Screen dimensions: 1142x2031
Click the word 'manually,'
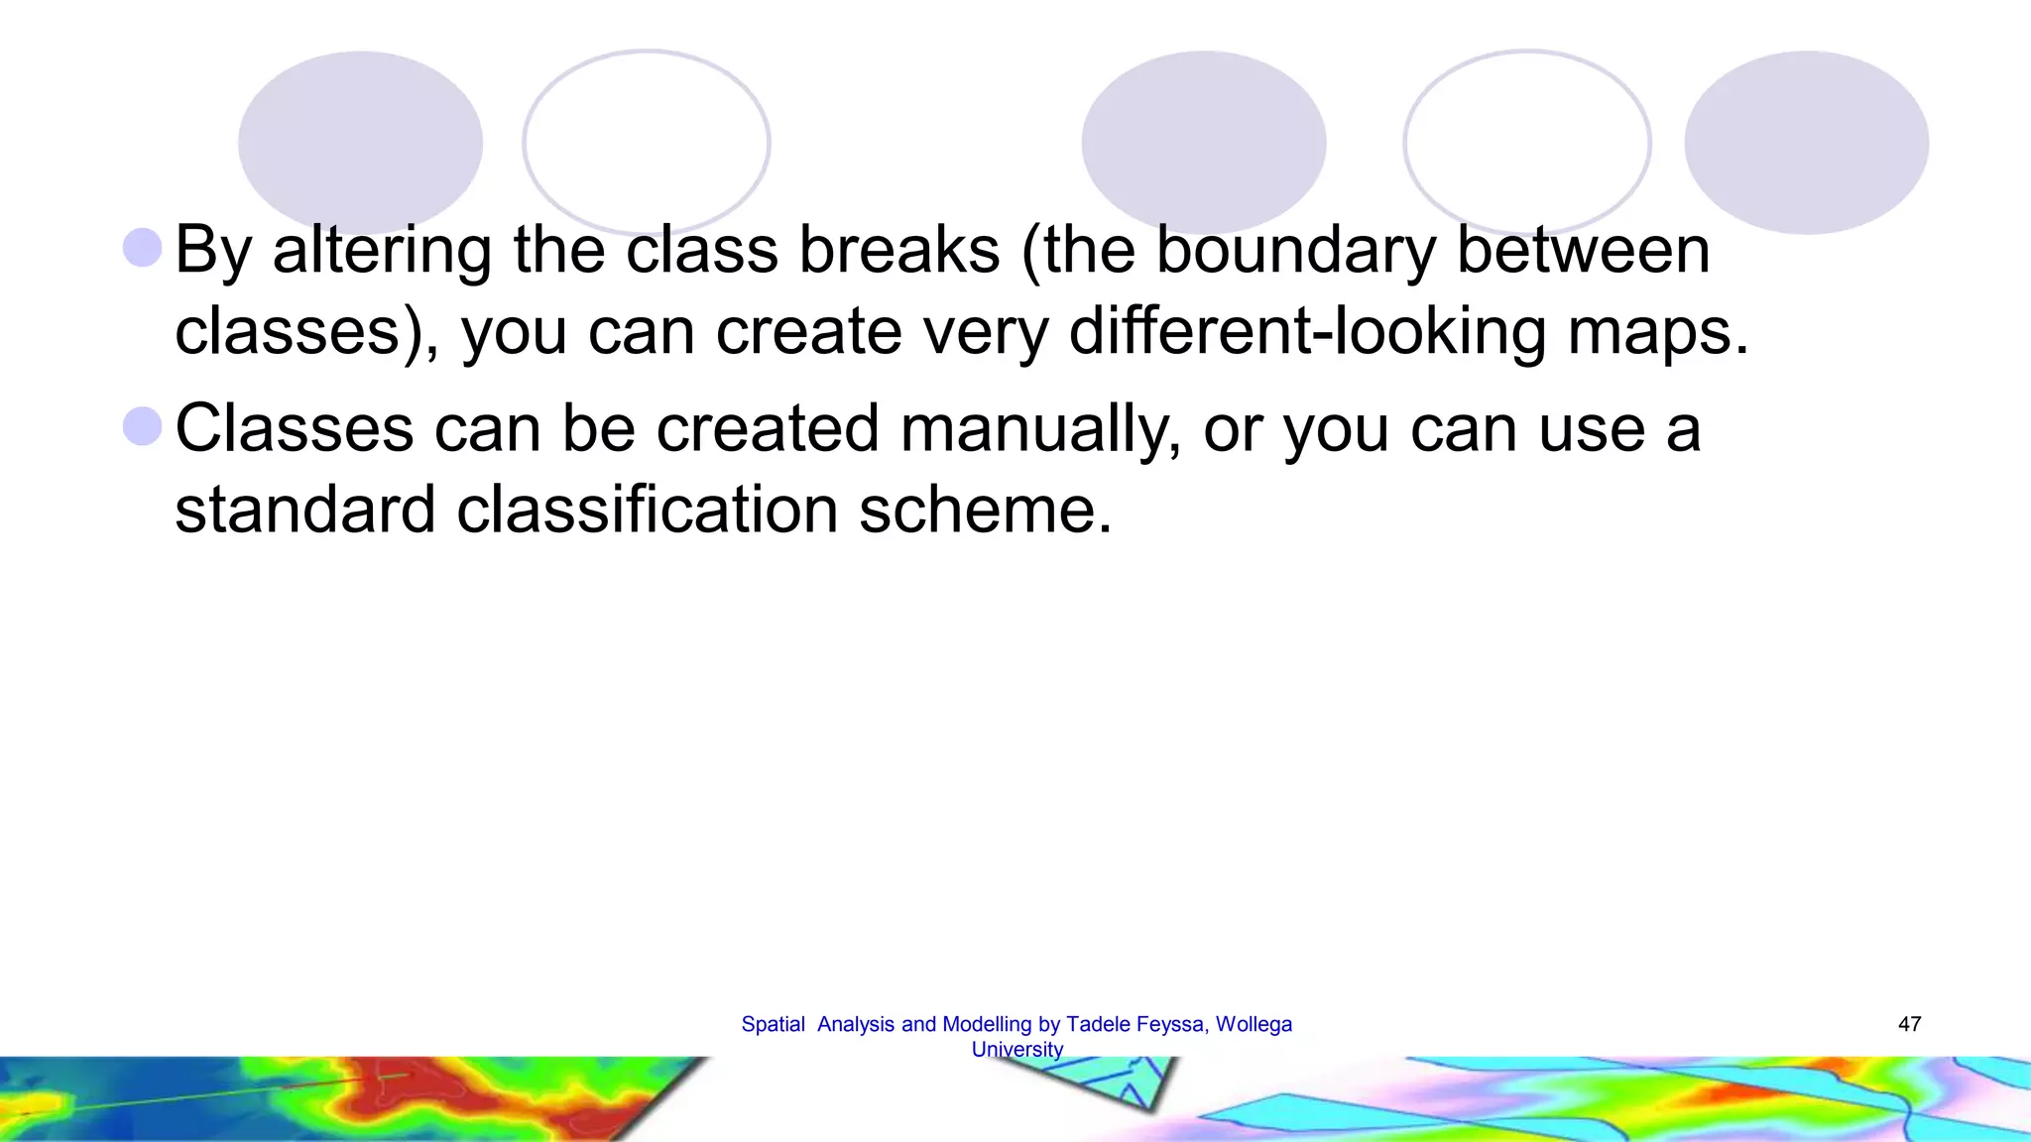(x=1040, y=430)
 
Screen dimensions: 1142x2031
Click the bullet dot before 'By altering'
(x=143, y=248)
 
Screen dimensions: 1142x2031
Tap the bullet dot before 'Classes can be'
(x=143, y=426)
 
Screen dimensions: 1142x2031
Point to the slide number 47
(x=1909, y=1024)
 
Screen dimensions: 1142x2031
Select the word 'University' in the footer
(x=1016, y=1049)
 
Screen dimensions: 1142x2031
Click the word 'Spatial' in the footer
(x=773, y=1024)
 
